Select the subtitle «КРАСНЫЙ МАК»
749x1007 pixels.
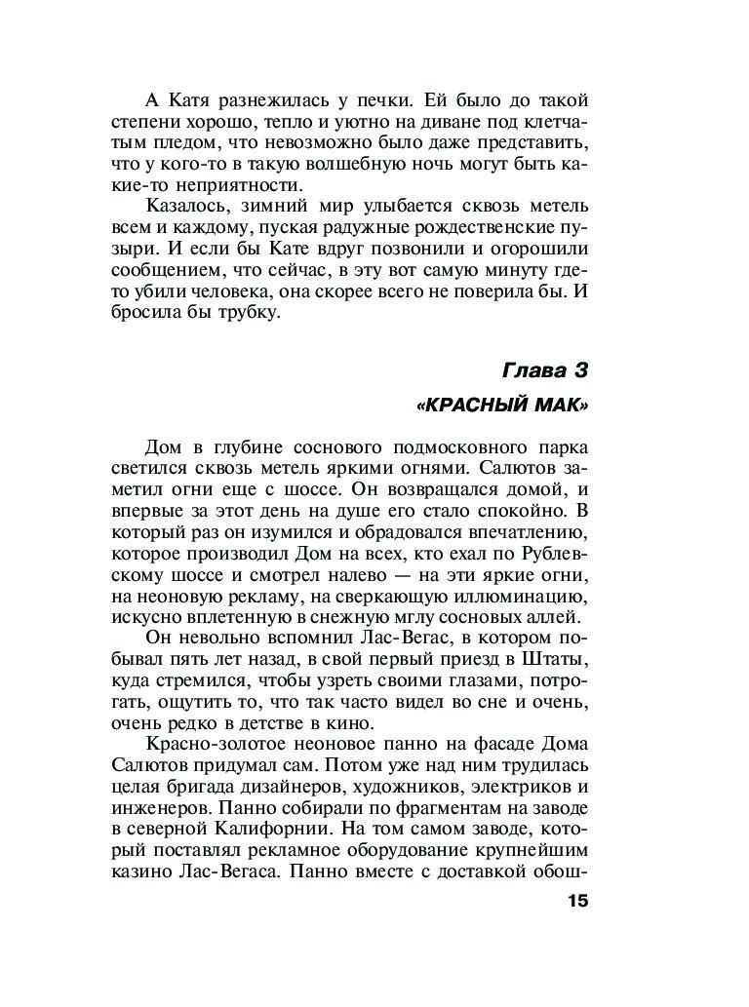(503, 405)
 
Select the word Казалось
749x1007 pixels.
(186, 207)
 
